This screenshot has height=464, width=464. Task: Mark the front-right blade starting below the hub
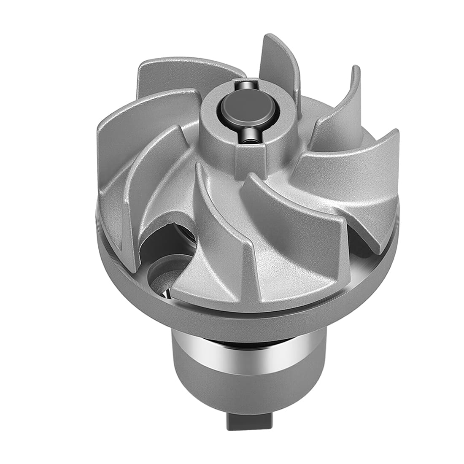tap(295, 236)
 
